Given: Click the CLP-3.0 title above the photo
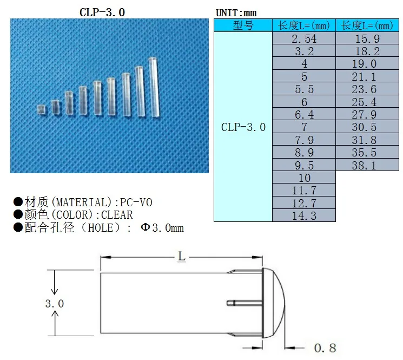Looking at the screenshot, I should point(102,11).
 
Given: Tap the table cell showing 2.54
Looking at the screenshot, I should point(303,39).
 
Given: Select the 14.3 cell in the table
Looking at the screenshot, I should point(303,215).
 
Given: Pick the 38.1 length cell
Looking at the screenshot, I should point(367,165).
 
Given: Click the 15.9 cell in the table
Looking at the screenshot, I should point(367,39).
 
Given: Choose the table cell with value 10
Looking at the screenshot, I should point(303,178).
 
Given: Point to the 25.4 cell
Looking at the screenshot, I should point(367,102).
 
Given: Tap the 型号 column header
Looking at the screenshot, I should point(243,25).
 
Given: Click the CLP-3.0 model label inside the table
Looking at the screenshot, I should point(243,127).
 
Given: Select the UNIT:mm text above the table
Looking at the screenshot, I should point(236,12).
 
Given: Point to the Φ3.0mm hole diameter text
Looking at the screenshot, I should point(162,228).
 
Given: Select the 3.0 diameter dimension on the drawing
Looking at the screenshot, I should point(54,304).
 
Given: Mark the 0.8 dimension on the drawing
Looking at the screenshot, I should point(325,348).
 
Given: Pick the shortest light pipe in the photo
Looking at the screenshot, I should point(41,109).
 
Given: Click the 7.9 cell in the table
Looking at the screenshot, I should point(303,140).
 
